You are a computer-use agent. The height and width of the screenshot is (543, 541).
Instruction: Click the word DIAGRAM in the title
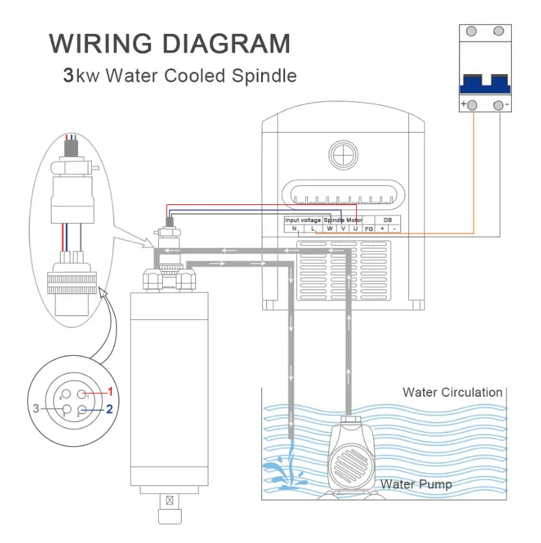point(226,44)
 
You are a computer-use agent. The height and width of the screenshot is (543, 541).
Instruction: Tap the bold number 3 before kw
point(68,75)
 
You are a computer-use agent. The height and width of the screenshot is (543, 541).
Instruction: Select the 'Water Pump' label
point(416,484)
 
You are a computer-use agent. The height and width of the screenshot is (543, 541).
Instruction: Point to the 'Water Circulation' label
point(452,392)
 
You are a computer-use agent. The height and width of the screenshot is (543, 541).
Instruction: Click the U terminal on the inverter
point(355,228)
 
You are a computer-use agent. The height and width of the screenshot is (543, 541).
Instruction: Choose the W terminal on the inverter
point(330,228)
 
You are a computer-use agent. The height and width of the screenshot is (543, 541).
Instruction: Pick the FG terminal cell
point(368,229)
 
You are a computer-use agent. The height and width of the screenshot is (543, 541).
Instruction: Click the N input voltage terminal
point(294,228)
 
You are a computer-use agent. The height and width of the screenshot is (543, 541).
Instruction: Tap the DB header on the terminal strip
point(388,220)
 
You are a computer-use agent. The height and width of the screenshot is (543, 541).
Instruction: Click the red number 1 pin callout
point(110,391)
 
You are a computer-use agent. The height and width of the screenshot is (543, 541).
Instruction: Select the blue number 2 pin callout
point(109,409)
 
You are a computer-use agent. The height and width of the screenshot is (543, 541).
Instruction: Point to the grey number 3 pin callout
point(36,408)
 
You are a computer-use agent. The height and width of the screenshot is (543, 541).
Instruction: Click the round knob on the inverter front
point(343,155)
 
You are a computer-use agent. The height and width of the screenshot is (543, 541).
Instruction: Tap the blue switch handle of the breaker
point(485,84)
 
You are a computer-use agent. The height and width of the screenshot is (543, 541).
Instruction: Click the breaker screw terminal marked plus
point(472,105)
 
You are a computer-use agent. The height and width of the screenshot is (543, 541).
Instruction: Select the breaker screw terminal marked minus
point(498,105)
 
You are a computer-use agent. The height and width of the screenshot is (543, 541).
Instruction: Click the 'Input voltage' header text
point(303,220)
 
